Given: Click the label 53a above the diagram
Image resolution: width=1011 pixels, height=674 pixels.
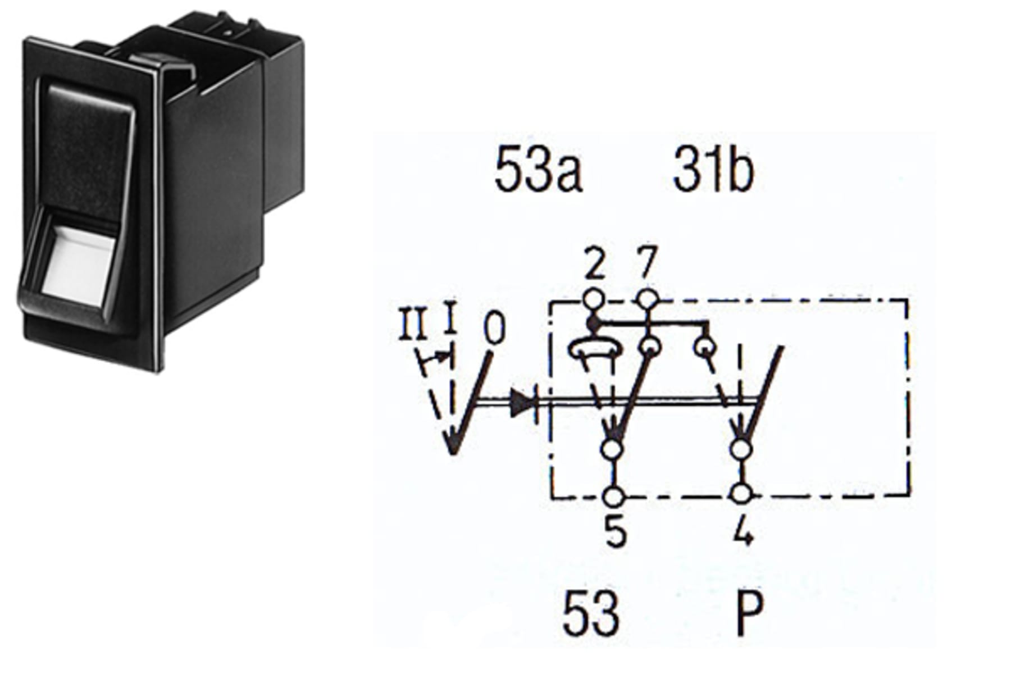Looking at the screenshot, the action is click(x=538, y=172).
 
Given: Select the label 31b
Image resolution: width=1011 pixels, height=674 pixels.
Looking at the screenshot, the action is click(x=713, y=172).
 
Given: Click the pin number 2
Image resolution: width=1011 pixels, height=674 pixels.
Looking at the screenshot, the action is click(x=595, y=265).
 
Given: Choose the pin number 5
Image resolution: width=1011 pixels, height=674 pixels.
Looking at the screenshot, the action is click(x=616, y=530).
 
